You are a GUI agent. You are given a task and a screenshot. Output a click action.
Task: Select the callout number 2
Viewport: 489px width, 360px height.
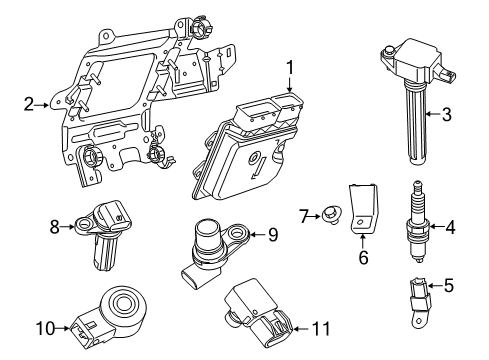click(30, 102)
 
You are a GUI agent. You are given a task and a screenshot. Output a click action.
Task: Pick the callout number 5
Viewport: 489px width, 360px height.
click(450, 286)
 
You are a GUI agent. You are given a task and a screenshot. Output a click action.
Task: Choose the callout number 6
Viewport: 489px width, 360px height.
click(364, 257)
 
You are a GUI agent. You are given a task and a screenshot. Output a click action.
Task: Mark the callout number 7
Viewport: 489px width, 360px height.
click(305, 215)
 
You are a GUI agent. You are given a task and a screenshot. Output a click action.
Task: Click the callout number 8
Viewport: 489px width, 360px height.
click(54, 227)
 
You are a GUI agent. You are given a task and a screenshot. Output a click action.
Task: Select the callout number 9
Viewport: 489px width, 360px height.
click(271, 235)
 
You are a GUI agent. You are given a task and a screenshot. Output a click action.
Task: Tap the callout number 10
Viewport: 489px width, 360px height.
click(45, 326)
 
